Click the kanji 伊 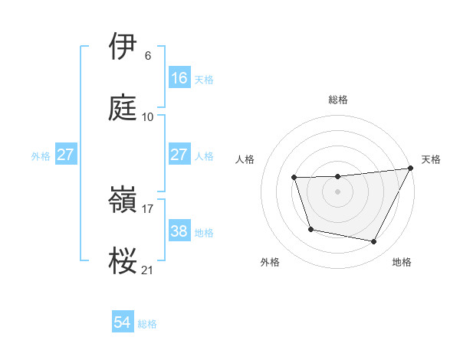click(123, 47)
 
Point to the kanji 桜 click(123, 261)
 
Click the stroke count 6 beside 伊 click(148, 56)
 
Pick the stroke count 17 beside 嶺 click(148, 208)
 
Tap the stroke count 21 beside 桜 click(148, 270)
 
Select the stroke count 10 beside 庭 click(148, 117)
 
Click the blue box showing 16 click(179, 78)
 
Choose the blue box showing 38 click(179, 231)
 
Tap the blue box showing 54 click(123, 322)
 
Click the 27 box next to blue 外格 click(66, 155)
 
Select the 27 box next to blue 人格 click(179, 155)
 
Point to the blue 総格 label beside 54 click(147, 324)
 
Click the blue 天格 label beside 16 click(204, 80)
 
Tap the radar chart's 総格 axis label click(338, 100)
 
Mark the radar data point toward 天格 click(411, 169)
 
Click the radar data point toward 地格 click(374, 242)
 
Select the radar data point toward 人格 click(294, 178)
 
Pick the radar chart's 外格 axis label click(270, 262)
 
